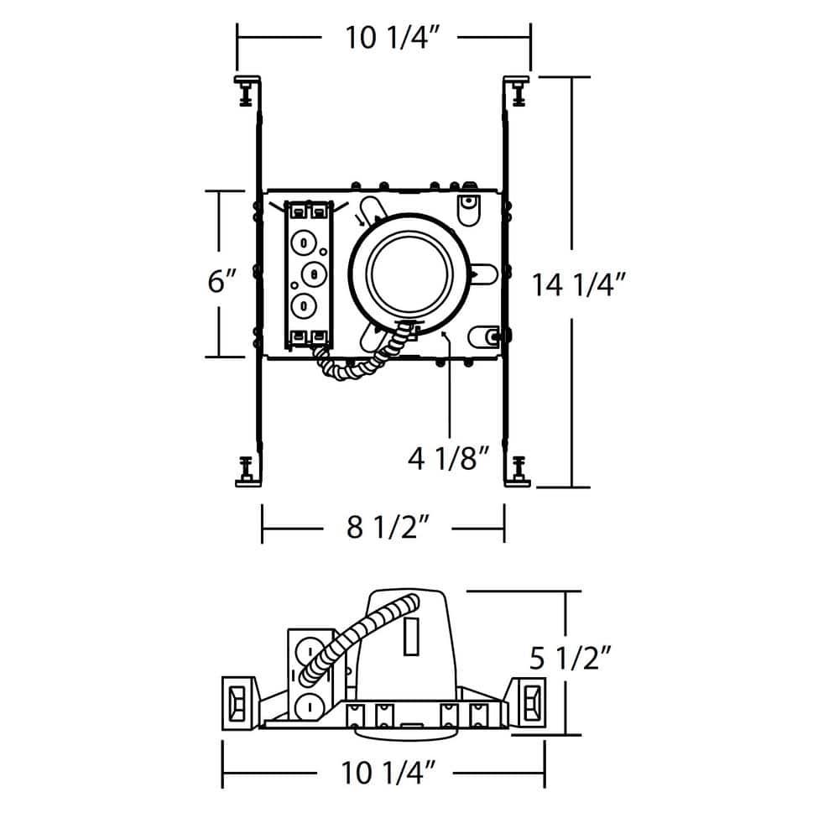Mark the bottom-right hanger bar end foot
tap(518, 472)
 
